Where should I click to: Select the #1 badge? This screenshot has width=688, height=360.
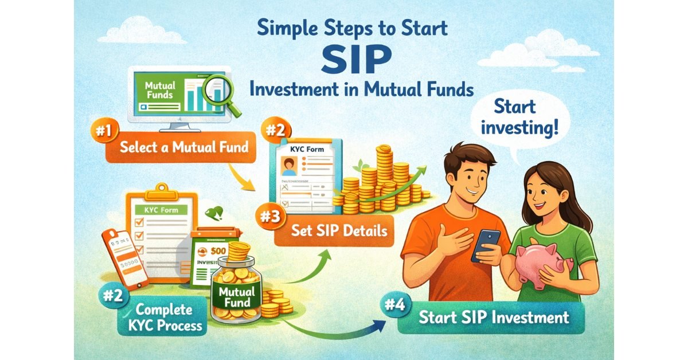click(103, 130)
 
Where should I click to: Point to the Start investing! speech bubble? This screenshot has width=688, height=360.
click(517, 118)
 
